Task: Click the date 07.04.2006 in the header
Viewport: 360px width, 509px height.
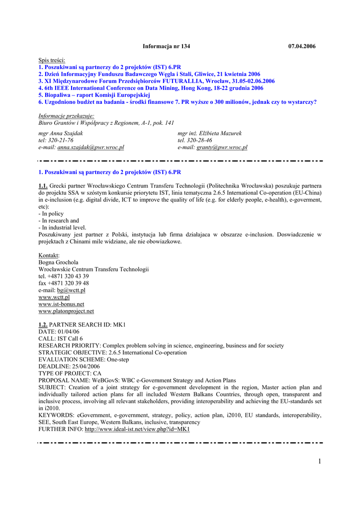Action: pos(302,46)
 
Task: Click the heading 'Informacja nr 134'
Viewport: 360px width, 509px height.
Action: pos(166,46)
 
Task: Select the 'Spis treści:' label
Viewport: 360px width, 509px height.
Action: pos(52,60)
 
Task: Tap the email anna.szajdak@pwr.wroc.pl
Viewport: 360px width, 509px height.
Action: pos(90,148)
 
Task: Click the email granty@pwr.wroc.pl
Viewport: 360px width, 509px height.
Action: pos(222,148)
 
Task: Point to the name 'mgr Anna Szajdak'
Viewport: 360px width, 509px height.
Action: pos(61,133)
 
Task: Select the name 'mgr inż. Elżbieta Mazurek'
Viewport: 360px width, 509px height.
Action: pos(209,133)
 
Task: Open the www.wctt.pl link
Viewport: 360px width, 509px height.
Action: pos(54,297)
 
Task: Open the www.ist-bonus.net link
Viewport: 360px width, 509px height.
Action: pos(61,304)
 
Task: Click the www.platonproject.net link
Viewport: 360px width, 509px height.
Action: pos(66,311)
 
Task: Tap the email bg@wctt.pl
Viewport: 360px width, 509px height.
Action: pos(71,290)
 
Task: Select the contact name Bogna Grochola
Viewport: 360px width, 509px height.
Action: pos(58,262)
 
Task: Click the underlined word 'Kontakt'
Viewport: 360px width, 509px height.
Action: pos(48,255)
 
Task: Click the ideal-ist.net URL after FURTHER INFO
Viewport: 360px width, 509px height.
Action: pos(137,429)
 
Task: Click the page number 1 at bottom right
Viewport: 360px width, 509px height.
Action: pos(319,462)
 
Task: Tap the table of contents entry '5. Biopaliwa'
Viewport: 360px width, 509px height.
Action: pos(94,95)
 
